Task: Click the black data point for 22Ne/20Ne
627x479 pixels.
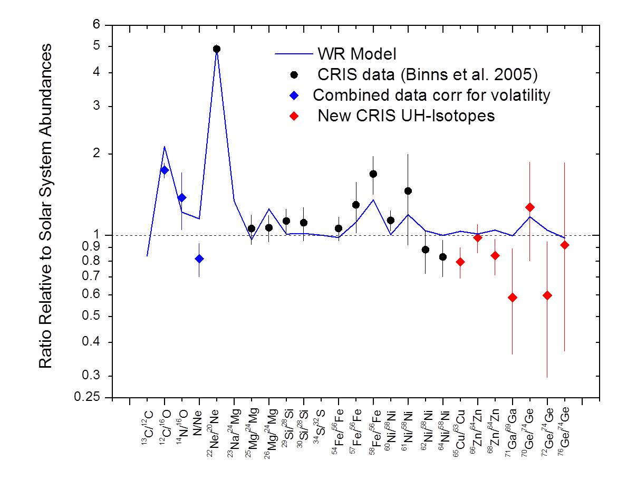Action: [x=216, y=49]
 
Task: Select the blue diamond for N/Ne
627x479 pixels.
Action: [x=199, y=258]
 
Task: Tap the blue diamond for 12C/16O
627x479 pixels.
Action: [x=165, y=170]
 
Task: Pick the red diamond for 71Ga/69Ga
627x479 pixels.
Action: [x=512, y=298]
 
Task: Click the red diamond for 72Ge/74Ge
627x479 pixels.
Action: [x=547, y=295]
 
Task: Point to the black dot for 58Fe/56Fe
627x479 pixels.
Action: [x=373, y=174]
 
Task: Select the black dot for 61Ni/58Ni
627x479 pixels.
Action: [x=408, y=191]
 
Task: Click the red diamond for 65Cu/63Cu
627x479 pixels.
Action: [x=460, y=262]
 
